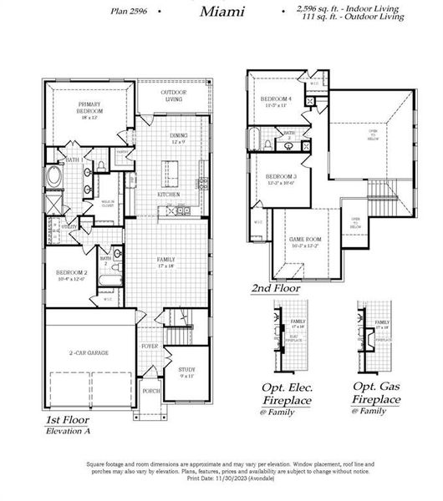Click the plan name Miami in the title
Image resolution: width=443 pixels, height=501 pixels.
(x=222, y=11)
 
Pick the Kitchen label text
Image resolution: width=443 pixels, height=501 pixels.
(x=170, y=195)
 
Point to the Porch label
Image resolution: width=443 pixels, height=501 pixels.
(x=151, y=390)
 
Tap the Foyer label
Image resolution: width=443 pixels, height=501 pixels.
(x=150, y=346)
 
